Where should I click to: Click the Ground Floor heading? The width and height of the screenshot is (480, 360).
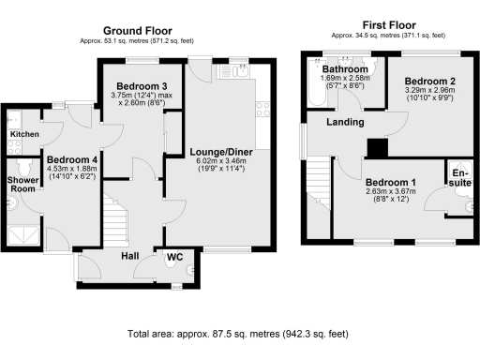pos(138,31)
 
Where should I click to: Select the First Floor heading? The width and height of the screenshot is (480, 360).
pos(389,25)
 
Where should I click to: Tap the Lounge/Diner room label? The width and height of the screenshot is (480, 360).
pos(221,152)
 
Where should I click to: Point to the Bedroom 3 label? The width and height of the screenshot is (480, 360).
pos(142,86)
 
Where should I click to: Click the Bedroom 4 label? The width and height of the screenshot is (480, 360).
pos(72,160)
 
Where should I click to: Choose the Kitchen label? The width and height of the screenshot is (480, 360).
pos(24,134)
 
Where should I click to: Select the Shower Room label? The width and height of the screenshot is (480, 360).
pos(22,185)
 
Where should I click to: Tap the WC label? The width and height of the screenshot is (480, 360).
pos(174,257)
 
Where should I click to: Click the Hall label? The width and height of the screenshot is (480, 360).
pos(130,256)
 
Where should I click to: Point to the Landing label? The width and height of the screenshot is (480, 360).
pos(345,122)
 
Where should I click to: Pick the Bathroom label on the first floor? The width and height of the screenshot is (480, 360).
pos(345,69)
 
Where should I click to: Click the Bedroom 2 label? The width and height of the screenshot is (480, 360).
pos(430,82)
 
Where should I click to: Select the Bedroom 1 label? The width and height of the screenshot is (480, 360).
pos(391,182)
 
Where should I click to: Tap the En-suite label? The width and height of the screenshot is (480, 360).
pos(460,178)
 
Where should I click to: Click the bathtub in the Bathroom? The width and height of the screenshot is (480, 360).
pos(317,82)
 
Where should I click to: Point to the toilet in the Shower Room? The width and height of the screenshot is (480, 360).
pos(24,167)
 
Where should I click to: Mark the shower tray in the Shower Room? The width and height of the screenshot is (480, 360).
pos(23,236)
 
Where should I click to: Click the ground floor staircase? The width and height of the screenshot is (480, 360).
pos(116,220)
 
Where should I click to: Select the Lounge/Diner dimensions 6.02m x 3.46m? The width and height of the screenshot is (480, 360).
pos(221,161)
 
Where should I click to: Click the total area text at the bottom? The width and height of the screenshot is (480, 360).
pos(238,334)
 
